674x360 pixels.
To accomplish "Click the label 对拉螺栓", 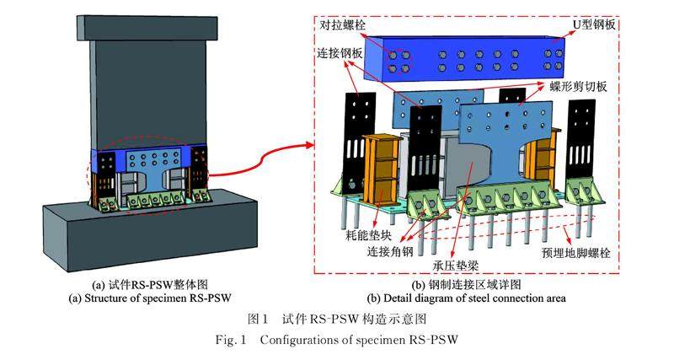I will (341, 26).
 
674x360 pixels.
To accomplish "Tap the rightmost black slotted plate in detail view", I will (584, 143).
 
